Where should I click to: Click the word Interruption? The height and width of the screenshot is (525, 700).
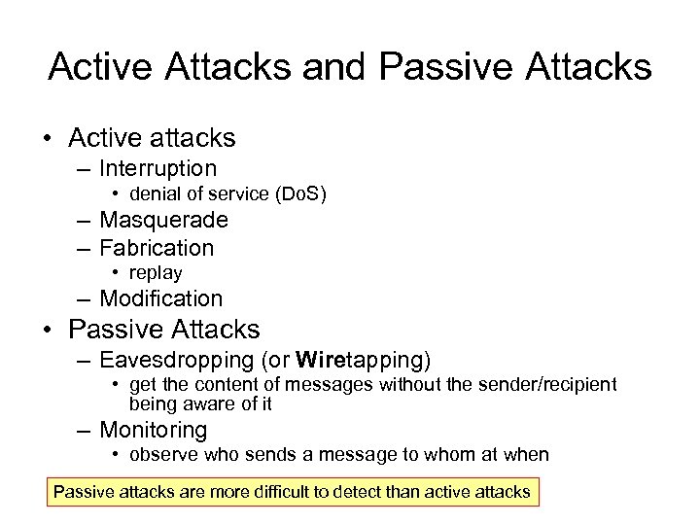click(x=157, y=169)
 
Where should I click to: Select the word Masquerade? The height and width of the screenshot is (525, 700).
click(x=163, y=221)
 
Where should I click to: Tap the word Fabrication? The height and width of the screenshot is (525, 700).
click(x=157, y=248)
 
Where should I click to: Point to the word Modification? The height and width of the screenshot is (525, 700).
click(x=161, y=298)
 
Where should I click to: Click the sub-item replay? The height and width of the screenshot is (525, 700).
click(x=156, y=273)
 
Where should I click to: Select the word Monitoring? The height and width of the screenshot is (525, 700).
click(x=154, y=430)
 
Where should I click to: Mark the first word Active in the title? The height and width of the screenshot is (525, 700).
click(x=105, y=66)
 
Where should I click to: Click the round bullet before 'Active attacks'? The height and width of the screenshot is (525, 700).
click(x=48, y=138)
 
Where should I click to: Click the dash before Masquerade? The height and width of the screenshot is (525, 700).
click(x=85, y=221)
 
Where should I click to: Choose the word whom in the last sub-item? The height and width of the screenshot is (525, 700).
click(x=463, y=455)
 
